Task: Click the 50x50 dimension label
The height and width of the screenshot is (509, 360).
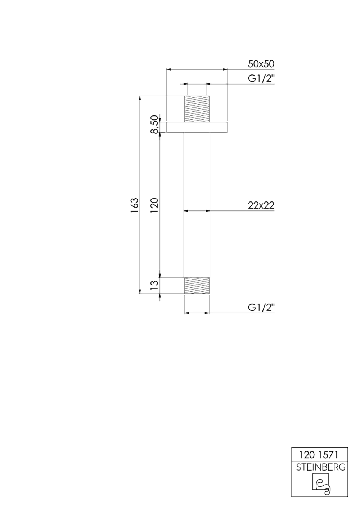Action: pos(261,64)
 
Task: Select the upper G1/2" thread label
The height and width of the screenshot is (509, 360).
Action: pos(261,78)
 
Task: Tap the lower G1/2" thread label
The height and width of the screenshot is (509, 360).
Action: pos(261,308)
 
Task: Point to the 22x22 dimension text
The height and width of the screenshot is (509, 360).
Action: pos(261,205)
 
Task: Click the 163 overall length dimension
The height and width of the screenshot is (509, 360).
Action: pos(134,205)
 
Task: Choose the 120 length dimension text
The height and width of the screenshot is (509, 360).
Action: pos(154,205)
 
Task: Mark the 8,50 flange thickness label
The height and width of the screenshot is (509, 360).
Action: pos(154,124)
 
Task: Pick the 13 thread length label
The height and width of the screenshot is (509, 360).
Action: pos(154,285)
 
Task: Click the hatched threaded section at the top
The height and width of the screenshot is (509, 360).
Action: pos(197,109)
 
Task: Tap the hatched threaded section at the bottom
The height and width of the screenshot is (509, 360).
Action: pos(197,286)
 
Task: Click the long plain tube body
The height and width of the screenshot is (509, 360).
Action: pos(197,205)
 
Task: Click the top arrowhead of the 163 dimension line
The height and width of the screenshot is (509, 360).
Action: pos(140,98)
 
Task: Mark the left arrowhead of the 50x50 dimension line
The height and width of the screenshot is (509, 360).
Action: pos(169,69)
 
